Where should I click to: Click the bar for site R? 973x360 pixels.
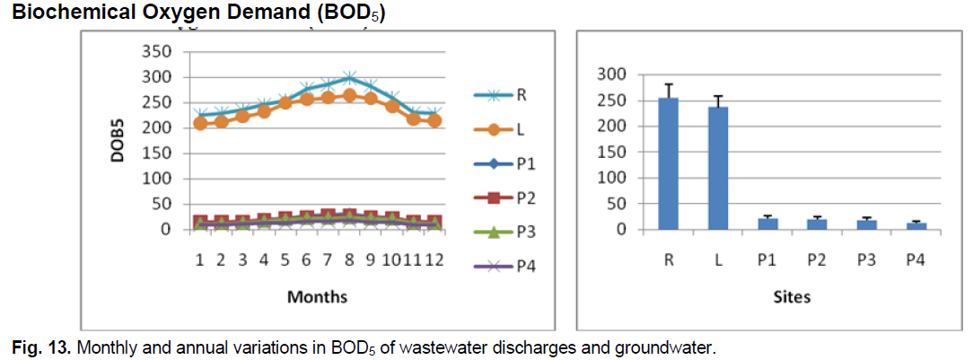point(668,164)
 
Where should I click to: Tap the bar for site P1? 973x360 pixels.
point(766,224)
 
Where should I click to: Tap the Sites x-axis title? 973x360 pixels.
point(790,296)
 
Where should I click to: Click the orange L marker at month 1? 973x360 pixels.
point(200,123)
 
